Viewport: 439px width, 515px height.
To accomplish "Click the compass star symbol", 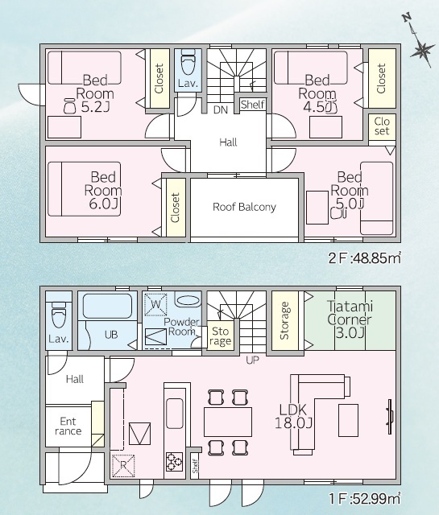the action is [422, 51].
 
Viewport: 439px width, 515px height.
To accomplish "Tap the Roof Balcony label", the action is [244, 207].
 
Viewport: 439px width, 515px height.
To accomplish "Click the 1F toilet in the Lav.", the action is [59, 315].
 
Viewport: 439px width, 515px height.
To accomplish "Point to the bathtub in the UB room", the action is [107, 306].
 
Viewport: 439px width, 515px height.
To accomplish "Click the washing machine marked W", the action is [156, 304].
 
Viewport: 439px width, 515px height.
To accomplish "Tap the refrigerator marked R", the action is [123, 465].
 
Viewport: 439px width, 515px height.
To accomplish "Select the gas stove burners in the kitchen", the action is [174, 461].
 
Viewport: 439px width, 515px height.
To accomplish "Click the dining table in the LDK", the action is [228, 422].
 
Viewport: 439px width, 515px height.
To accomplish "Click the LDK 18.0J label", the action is [293, 416].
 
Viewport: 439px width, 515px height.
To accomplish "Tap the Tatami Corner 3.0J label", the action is [350, 319].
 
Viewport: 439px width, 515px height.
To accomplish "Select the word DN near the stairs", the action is [221, 110].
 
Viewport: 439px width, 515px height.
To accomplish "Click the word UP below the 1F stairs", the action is [252, 360].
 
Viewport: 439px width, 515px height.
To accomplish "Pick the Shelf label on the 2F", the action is [253, 105].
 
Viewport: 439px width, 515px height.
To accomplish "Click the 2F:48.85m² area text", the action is [365, 258].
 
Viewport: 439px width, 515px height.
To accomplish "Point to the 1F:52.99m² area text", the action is [365, 499].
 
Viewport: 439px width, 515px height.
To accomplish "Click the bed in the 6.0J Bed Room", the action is [85, 189].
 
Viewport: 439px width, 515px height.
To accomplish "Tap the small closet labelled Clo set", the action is [382, 126].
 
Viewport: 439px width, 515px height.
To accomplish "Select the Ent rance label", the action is [68, 426].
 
